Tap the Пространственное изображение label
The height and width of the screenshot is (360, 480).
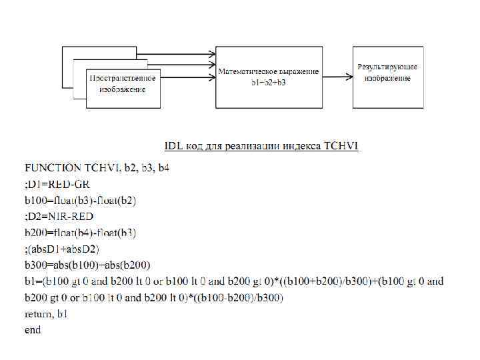click(123, 83)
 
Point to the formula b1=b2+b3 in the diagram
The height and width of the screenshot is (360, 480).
click(268, 81)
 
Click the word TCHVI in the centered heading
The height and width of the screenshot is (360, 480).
click(341, 145)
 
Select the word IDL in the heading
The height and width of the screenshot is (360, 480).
click(174, 145)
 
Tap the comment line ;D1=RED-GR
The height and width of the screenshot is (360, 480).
click(57, 183)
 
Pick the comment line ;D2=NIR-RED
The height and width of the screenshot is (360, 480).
click(59, 216)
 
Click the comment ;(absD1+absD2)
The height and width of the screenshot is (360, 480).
click(61, 249)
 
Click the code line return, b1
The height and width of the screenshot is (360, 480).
click(46, 313)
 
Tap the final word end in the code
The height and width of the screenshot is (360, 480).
click(33, 329)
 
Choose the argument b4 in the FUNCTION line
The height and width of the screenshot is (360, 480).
click(163, 167)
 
